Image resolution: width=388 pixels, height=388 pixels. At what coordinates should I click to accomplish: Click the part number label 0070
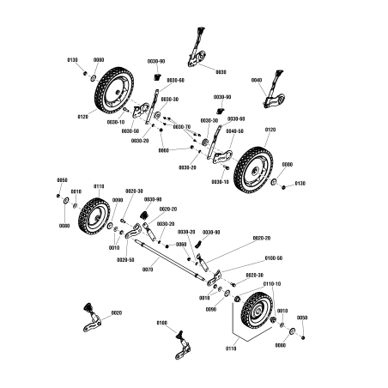(x=147, y=270)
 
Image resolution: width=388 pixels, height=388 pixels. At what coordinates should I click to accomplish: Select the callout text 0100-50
(x=273, y=258)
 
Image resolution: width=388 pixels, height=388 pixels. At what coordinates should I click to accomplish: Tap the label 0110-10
(x=272, y=283)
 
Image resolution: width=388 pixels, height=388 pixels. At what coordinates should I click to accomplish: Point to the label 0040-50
(x=234, y=131)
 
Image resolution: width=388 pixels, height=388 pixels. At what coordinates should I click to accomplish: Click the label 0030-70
(x=181, y=126)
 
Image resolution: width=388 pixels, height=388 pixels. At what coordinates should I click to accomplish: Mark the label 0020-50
(x=125, y=259)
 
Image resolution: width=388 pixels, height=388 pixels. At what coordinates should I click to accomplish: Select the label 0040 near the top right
(x=256, y=80)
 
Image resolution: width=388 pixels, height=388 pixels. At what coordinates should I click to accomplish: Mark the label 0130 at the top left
(x=72, y=60)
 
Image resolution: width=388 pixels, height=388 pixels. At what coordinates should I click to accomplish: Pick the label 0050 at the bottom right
(x=301, y=318)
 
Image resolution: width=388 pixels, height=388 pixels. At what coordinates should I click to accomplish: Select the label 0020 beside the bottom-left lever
(x=117, y=313)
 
